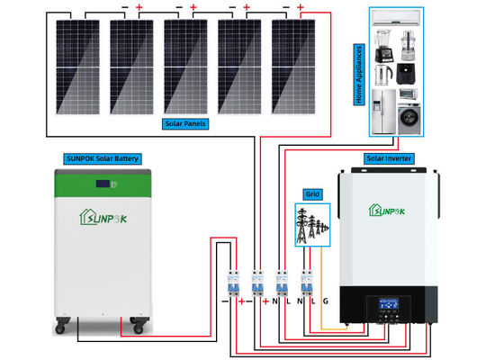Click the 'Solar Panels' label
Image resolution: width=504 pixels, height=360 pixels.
pos(184,122)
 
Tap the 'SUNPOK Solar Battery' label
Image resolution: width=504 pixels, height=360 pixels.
pos(102,158)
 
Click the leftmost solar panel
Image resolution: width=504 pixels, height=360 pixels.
pos(77,66)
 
